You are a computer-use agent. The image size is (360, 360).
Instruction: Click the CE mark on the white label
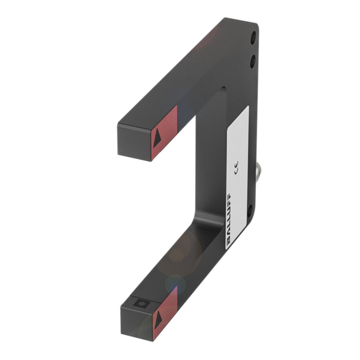[x=235, y=163]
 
